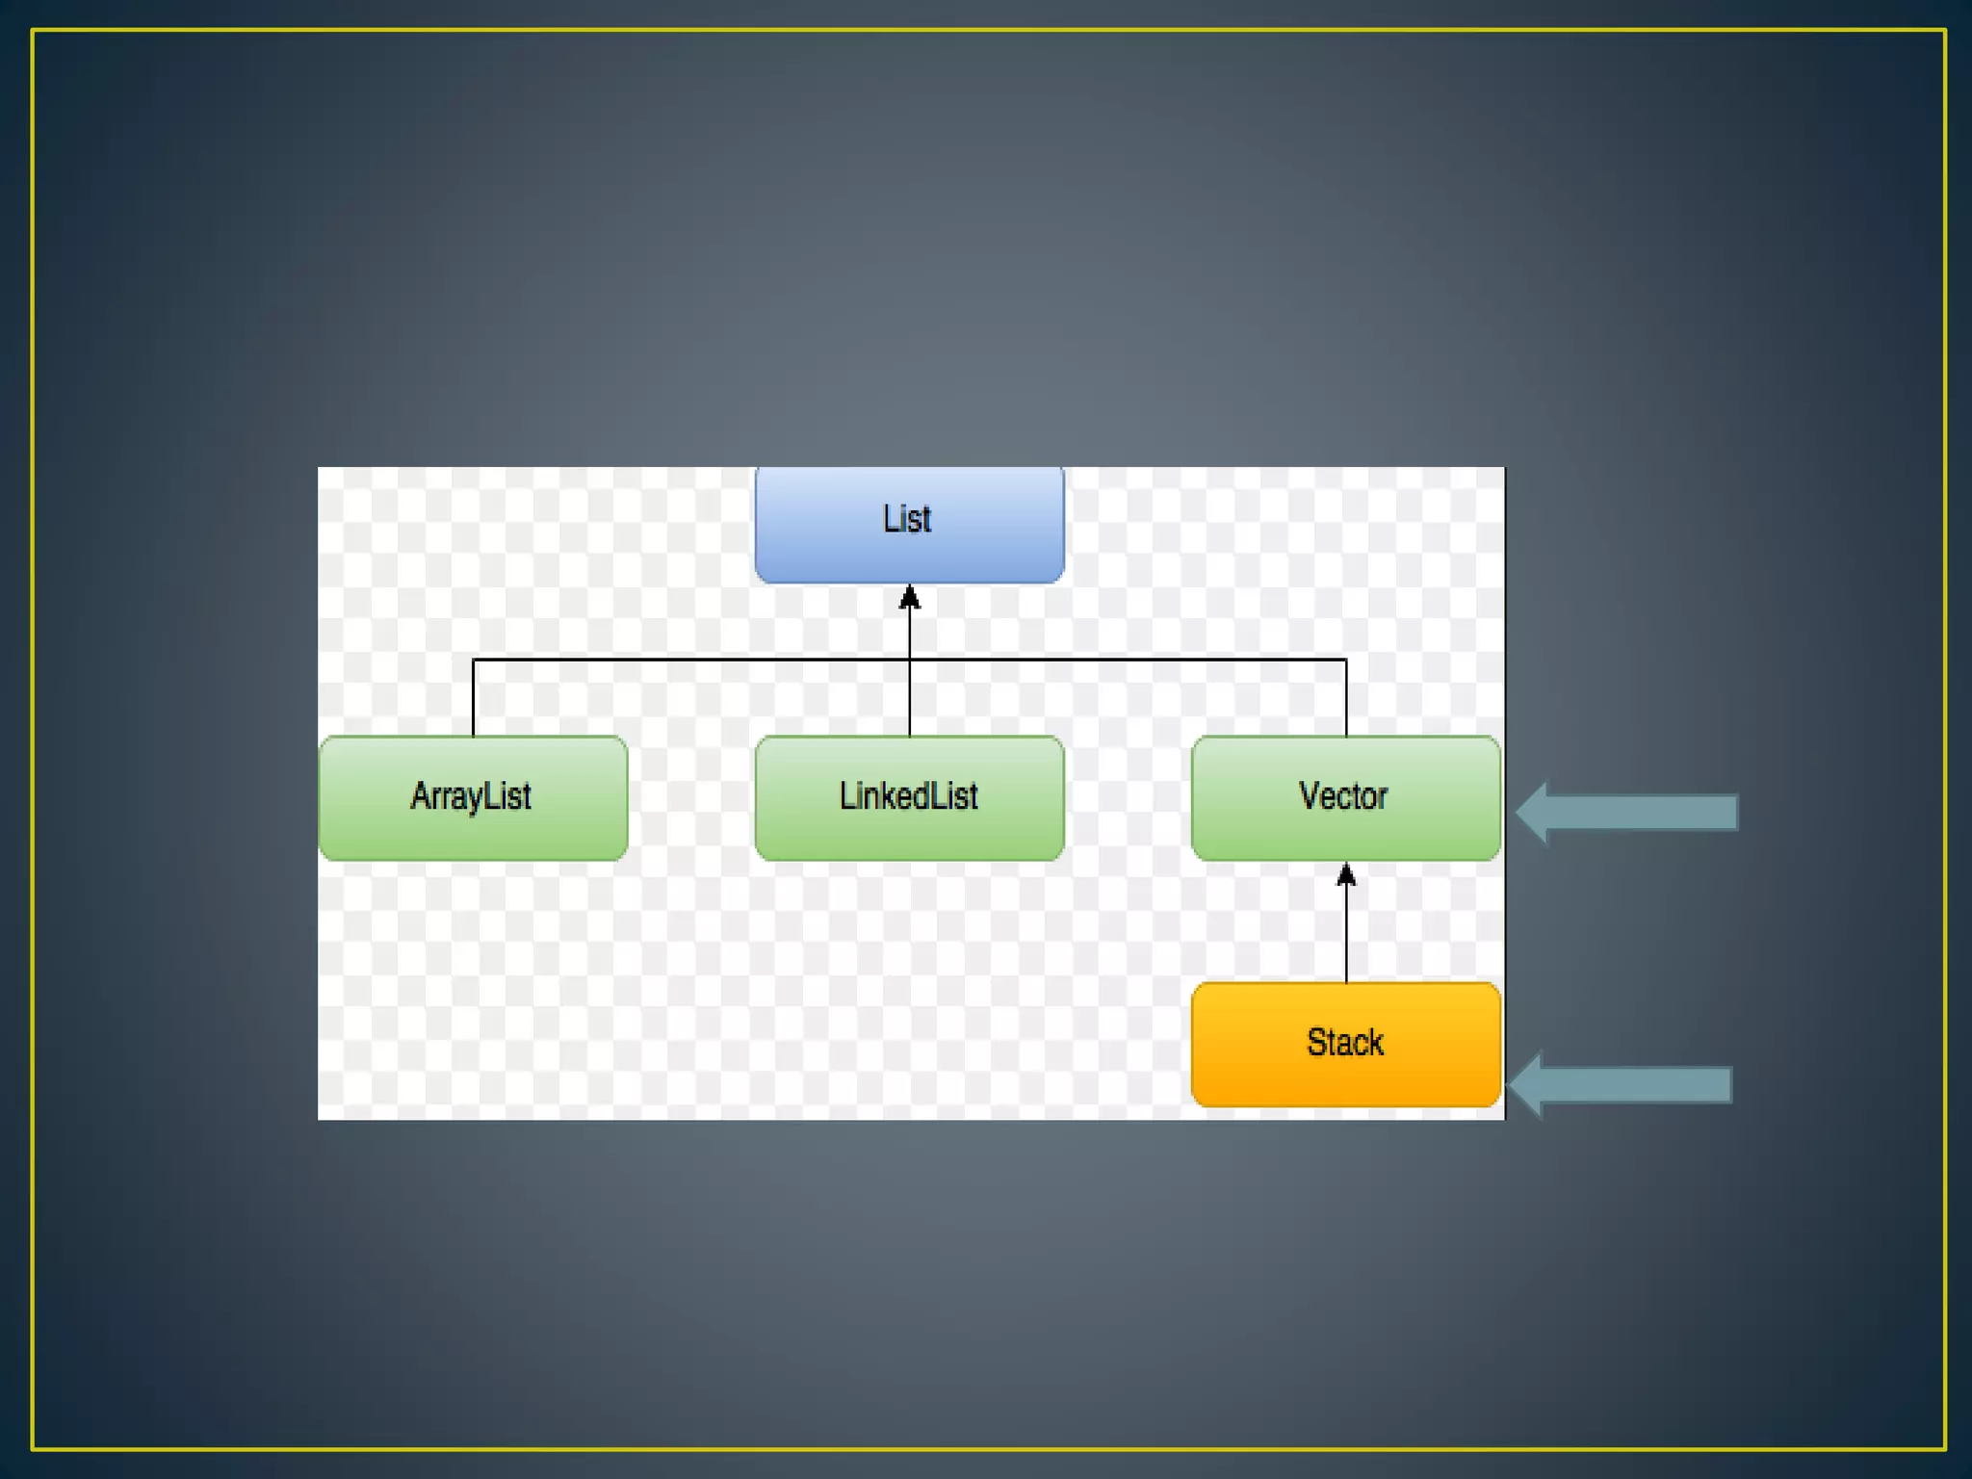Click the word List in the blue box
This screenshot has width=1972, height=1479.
[x=907, y=520]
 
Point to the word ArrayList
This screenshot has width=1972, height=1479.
[x=471, y=797]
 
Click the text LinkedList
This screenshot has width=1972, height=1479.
[x=908, y=796]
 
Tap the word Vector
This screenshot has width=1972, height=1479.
[x=1343, y=796]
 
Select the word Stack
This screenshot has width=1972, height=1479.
[x=1345, y=1043]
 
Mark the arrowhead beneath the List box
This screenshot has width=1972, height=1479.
[x=910, y=598]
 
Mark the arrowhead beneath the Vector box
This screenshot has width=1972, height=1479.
[x=1346, y=874]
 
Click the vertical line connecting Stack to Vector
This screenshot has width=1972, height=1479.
[x=1346, y=934]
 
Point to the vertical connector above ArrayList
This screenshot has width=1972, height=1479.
[x=473, y=698]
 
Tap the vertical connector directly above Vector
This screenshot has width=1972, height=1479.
[x=1346, y=698]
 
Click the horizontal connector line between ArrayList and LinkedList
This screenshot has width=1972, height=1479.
[x=691, y=660]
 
